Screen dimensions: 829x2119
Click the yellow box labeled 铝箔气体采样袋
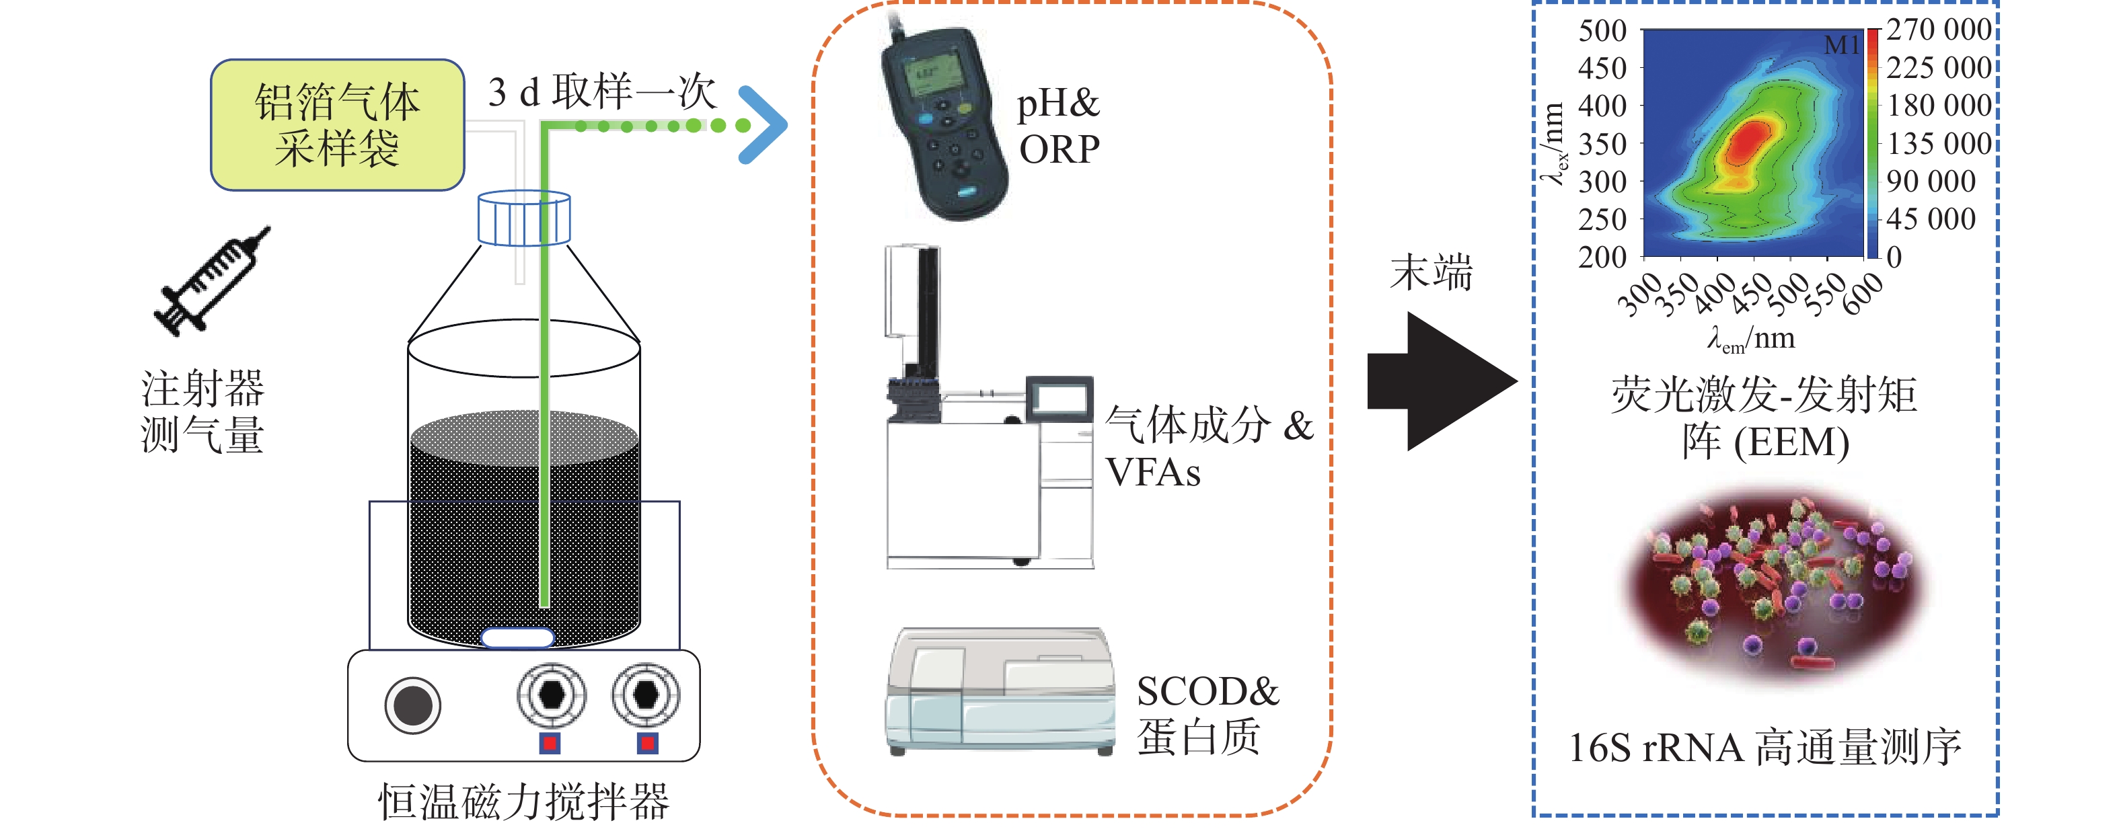(337, 125)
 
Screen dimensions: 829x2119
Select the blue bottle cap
(524, 219)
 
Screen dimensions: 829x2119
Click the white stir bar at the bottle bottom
(517, 637)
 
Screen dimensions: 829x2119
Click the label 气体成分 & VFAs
(1207, 448)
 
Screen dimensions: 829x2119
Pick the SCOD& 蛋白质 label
(1207, 714)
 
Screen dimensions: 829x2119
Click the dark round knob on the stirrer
(413, 705)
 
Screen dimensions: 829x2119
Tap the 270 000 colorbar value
(1938, 30)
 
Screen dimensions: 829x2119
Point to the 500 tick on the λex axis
(1602, 31)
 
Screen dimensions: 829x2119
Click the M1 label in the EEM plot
(1841, 45)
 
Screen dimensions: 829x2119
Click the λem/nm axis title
(1750, 339)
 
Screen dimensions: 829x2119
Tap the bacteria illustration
(1777, 588)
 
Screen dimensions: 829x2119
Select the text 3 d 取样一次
(601, 91)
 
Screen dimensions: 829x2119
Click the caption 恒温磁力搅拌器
(523, 802)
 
